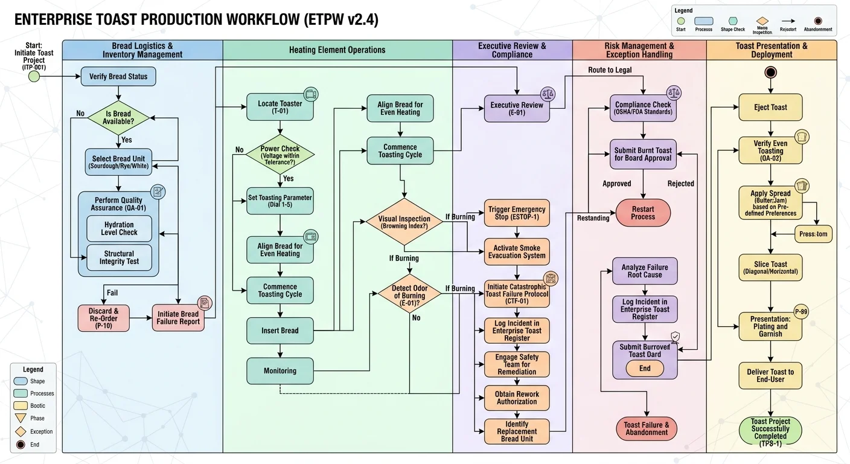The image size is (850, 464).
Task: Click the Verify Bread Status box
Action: click(118, 77)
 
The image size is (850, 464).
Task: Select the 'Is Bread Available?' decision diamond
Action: click(118, 117)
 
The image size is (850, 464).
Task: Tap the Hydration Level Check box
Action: click(119, 228)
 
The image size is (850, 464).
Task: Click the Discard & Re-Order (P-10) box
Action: click(104, 318)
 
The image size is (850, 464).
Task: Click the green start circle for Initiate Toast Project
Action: click(34, 77)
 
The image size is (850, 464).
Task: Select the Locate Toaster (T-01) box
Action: click(280, 107)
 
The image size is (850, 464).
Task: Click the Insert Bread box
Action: click(280, 330)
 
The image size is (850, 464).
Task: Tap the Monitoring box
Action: click(280, 370)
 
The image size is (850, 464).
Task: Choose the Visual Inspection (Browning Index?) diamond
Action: click(404, 222)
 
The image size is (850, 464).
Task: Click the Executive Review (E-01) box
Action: click(516, 109)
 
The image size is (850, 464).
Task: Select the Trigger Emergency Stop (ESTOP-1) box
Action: click(517, 213)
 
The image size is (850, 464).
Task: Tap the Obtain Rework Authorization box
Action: click(517, 398)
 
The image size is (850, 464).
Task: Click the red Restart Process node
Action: click(643, 213)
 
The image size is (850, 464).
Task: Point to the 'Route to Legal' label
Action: click(610, 70)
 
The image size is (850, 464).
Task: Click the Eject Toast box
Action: click(770, 108)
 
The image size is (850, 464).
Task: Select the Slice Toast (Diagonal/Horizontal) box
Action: click(770, 268)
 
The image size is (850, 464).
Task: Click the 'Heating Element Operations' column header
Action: click(337, 50)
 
